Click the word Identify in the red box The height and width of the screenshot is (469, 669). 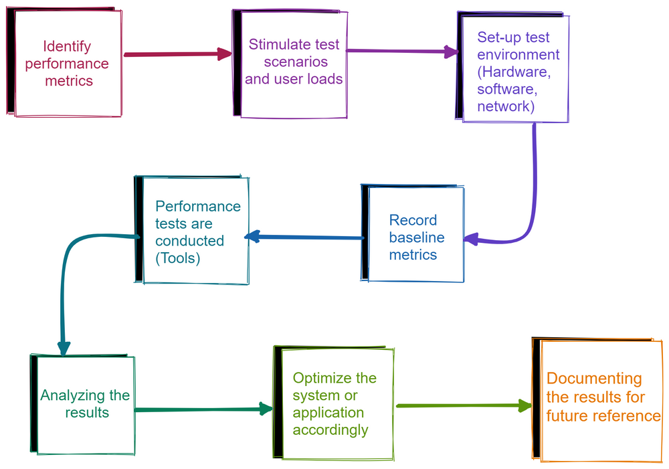point(67,47)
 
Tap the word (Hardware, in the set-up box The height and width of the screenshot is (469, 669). point(514,72)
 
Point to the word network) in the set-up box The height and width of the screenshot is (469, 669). point(506,106)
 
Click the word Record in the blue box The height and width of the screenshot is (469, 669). point(413,220)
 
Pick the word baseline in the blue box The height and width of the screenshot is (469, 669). point(417,238)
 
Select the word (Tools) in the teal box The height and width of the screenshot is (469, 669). point(177,258)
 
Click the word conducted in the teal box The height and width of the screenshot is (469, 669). point(189,241)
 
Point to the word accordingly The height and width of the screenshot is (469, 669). point(330,430)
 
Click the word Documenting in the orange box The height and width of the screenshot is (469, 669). point(594,379)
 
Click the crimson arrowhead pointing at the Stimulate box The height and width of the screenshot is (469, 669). point(224,54)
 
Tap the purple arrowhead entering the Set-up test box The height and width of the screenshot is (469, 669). point(452,52)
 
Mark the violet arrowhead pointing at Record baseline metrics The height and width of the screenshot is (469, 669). point(470,239)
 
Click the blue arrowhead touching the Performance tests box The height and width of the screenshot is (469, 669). point(252,236)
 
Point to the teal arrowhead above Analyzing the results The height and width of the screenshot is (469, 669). point(64,348)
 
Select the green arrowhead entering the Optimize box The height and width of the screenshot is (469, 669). point(266,409)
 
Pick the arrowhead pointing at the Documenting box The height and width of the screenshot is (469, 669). point(524,405)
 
